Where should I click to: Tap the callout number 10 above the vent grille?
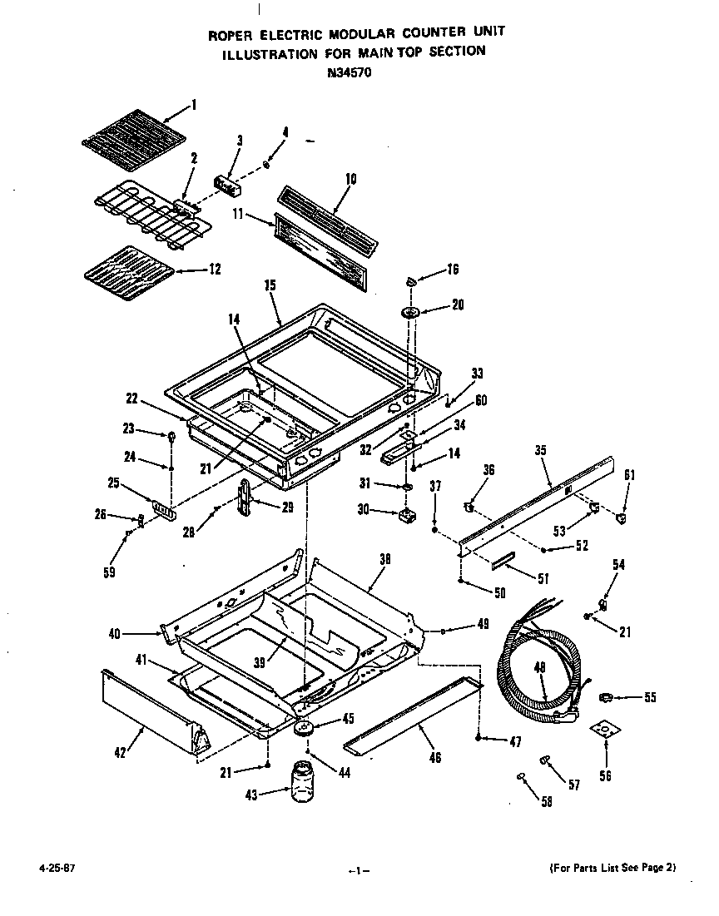coord(350,178)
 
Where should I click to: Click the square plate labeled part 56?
coord(605,730)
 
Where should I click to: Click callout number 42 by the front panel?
coord(121,754)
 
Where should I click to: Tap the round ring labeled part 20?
coord(410,312)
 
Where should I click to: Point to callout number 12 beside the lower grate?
coord(214,269)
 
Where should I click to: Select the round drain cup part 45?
coord(305,726)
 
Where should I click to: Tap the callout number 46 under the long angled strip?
coord(434,757)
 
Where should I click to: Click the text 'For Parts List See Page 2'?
coord(612,867)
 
